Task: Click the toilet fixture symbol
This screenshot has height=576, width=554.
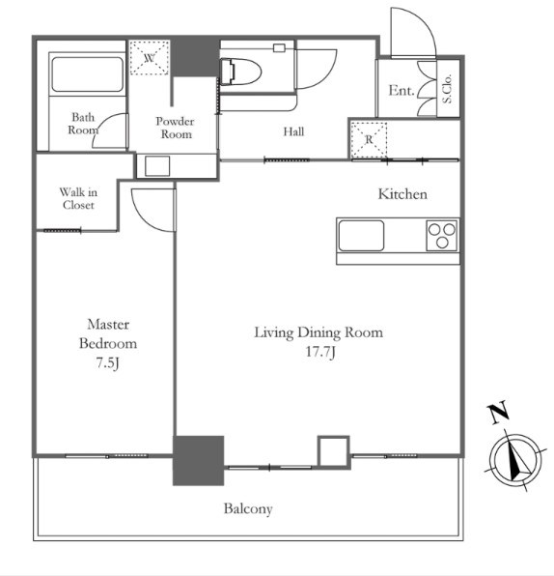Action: pos(240,72)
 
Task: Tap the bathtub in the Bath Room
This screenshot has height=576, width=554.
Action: pos(87,74)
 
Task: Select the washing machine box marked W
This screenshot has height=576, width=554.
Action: pos(150,57)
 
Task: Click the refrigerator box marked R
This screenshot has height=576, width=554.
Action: pos(369,140)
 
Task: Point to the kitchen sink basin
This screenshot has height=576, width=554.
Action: pos(361,236)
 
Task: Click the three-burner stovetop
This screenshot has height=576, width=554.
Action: pos(442,236)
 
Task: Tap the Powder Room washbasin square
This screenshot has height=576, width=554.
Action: pos(157,166)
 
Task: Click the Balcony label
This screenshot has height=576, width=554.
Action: pos(248,509)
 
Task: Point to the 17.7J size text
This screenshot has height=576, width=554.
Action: pos(320,352)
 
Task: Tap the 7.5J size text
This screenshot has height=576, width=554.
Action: pos(108,363)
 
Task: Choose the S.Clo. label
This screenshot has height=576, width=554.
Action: pos(448,89)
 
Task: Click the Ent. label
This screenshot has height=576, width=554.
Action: pos(402,91)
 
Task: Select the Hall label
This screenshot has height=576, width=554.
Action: pos(293,131)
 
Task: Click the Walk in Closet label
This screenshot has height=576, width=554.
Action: pos(78,198)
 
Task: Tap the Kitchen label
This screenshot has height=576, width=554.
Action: pos(402,194)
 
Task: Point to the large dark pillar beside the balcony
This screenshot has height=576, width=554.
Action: pos(199,461)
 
